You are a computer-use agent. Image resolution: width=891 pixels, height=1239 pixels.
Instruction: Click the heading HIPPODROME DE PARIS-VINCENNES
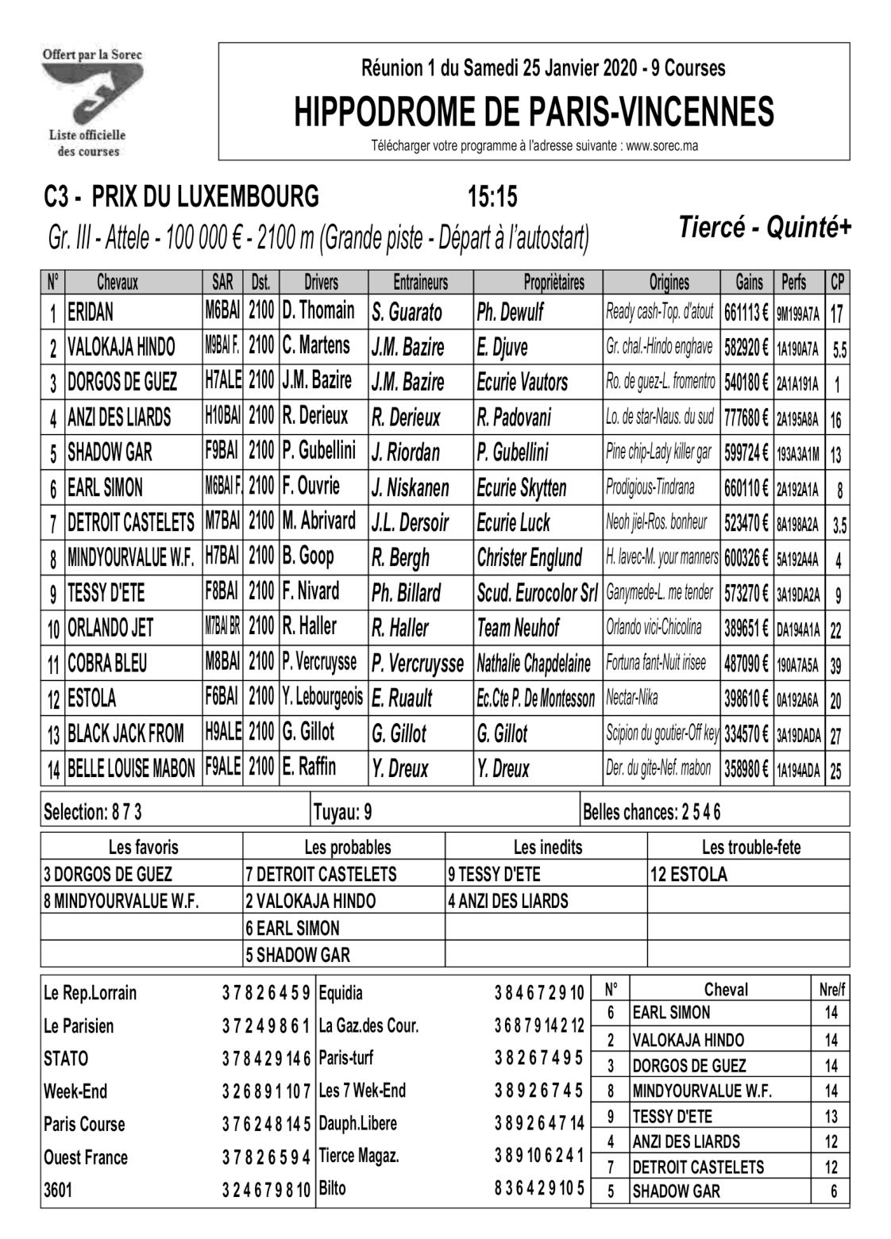534,112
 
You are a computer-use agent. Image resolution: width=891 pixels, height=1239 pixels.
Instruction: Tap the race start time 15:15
492,195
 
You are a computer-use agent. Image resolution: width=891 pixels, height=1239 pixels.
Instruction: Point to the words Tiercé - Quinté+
765,228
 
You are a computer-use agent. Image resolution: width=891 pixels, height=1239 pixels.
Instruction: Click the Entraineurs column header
420,282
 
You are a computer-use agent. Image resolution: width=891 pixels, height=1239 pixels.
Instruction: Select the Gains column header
748,282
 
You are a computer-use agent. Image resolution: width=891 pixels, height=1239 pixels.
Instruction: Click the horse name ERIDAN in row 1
91,312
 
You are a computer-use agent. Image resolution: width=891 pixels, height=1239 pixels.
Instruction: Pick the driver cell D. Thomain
318,311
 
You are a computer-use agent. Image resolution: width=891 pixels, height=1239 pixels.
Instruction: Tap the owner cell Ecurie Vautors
523,383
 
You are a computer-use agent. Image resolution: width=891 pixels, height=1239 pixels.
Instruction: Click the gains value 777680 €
746,417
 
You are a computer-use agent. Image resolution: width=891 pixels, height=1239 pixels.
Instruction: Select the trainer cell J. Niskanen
410,487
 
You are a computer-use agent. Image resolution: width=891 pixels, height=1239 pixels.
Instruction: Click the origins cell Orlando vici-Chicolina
654,628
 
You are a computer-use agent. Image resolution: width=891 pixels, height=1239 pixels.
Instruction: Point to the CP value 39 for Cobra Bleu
836,665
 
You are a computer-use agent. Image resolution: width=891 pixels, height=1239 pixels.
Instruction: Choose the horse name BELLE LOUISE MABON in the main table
131,769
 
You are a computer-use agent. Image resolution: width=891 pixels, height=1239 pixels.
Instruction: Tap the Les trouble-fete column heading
750,847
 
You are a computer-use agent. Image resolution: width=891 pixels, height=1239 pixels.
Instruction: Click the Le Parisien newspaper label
79,1025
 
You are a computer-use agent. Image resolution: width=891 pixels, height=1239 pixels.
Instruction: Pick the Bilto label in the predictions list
332,1188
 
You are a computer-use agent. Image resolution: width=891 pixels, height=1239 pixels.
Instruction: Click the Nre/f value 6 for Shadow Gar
831,1191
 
